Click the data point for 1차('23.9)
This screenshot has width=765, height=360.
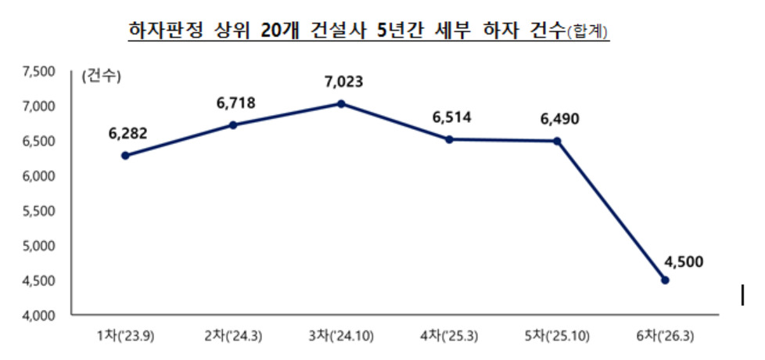tap(125, 156)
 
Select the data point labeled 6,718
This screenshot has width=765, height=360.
tap(233, 125)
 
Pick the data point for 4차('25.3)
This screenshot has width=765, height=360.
tap(449, 139)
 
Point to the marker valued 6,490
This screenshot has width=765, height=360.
tap(557, 141)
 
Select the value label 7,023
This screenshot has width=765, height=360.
tap(344, 81)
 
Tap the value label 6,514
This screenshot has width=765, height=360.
tap(452, 117)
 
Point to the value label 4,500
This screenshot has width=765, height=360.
tap(684, 262)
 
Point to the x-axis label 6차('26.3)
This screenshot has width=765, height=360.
tap(666, 337)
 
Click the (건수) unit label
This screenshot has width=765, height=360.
tap(102, 77)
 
